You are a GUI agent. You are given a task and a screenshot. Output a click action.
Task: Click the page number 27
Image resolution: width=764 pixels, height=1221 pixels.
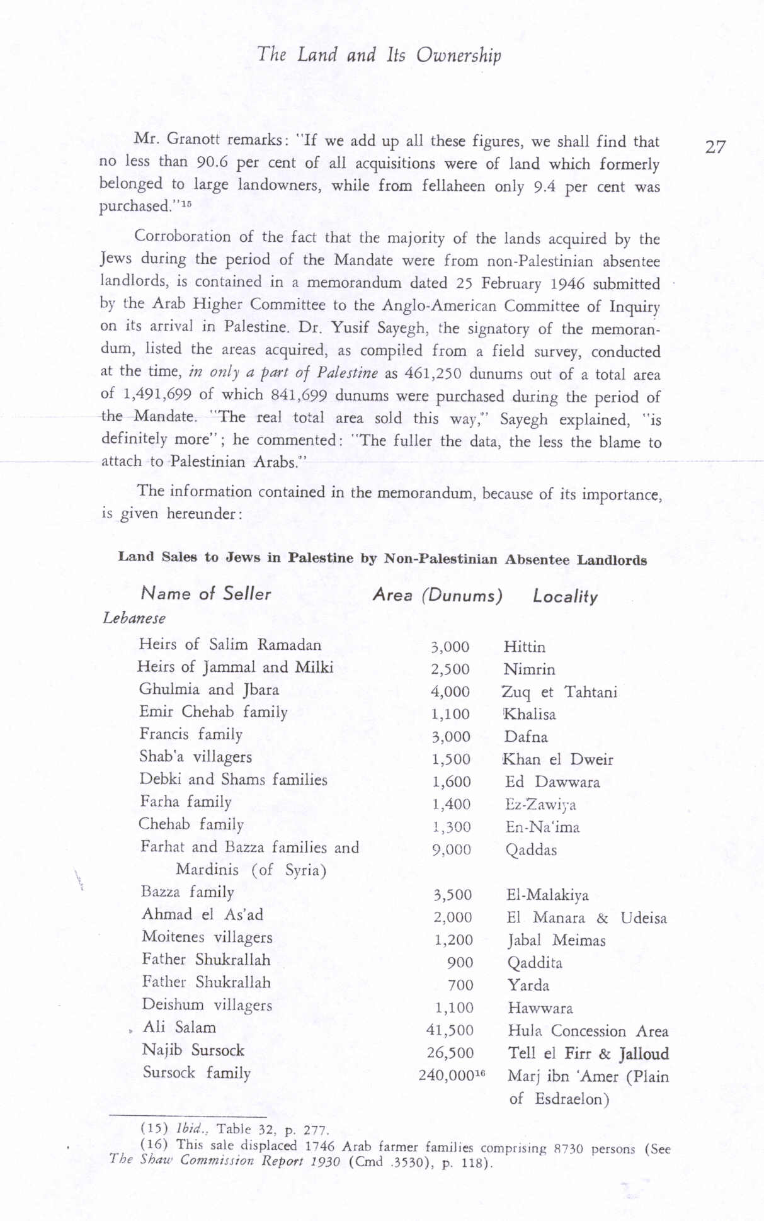point(715,147)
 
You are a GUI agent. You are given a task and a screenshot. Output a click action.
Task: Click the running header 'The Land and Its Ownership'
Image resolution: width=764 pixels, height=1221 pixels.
point(379,55)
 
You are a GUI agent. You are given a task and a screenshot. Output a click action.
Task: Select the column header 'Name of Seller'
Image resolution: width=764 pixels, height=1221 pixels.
point(206,593)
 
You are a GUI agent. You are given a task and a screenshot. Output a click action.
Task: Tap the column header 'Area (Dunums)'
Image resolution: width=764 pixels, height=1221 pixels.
point(437,595)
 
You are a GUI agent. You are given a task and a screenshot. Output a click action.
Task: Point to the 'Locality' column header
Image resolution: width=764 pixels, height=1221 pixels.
point(565,596)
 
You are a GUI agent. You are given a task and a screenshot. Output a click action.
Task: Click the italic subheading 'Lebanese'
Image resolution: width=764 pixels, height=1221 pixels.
point(134,618)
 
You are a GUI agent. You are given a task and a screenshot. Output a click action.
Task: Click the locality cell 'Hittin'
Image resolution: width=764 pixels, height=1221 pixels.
point(525,647)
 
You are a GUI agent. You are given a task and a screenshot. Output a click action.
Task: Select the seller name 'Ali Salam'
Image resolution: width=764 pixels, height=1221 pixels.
point(180,1028)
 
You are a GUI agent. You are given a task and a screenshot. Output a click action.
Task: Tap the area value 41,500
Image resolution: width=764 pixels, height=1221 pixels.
point(450,1030)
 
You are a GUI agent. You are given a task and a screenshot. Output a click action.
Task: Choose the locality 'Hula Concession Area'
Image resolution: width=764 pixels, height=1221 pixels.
point(588,1031)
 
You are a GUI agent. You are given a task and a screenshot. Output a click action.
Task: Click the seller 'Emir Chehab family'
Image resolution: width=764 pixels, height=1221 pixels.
point(213,712)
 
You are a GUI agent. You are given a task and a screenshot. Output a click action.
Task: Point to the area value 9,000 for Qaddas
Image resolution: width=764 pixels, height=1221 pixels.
point(452,850)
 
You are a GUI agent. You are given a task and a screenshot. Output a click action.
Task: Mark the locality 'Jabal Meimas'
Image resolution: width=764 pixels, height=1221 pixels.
point(556,941)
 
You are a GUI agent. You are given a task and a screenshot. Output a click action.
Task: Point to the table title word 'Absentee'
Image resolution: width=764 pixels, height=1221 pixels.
point(537,559)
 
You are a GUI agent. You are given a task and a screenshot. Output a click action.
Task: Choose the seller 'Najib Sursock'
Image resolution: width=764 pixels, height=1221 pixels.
point(193,1050)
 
